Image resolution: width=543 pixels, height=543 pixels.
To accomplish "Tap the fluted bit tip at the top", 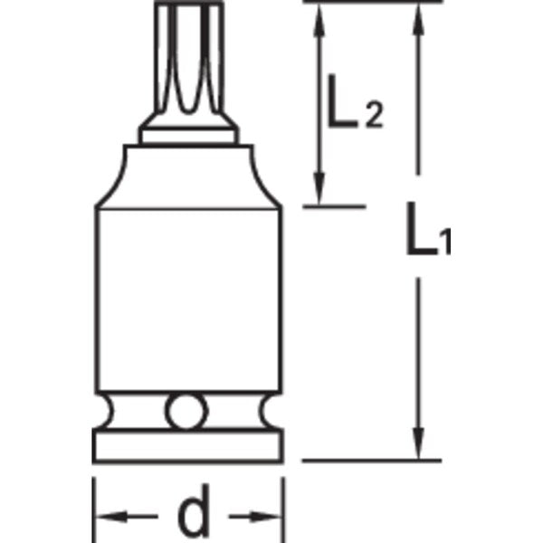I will click(189, 63).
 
